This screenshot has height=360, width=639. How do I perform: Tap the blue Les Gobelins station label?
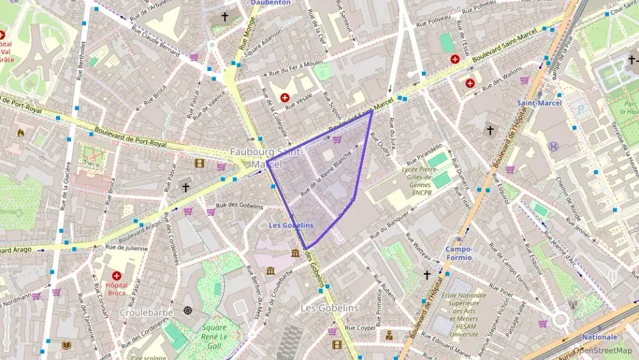click(291, 225)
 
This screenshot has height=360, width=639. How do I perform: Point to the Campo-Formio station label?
click(459, 254)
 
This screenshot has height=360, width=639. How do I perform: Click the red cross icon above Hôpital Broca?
click(116, 275)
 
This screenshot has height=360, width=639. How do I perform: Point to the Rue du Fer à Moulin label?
click(295, 68)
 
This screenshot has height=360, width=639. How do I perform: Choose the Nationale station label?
click(599, 337)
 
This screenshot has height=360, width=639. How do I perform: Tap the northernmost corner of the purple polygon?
click(371, 111)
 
